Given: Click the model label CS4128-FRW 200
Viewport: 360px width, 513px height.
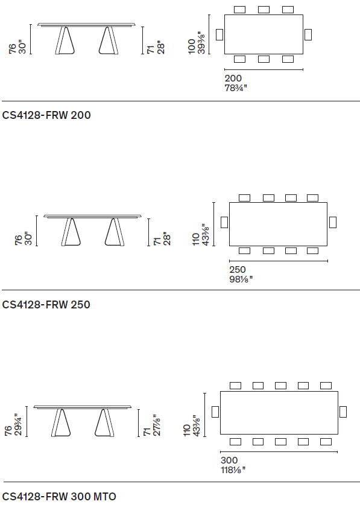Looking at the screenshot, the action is (x=46, y=115).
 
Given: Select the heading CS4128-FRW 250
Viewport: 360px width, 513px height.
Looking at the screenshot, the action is (x=46, y=305).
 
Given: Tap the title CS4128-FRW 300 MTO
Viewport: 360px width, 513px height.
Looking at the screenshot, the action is (x=59, y=497).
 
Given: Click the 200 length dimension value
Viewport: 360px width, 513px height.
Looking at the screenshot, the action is (x=233, y=78).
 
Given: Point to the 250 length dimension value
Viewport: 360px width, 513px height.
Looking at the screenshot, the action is (x=238, y=270).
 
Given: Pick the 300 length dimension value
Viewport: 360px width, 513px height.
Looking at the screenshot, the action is (x=229, y=460).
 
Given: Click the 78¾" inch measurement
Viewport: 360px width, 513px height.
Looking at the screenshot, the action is (x=236, y=88).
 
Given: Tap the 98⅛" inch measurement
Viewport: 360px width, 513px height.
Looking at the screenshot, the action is (x=241, y=279).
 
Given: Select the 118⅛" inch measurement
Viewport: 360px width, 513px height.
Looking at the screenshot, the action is (x=233, y=470).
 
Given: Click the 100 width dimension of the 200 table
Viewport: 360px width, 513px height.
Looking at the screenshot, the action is (x=192, y=46).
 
